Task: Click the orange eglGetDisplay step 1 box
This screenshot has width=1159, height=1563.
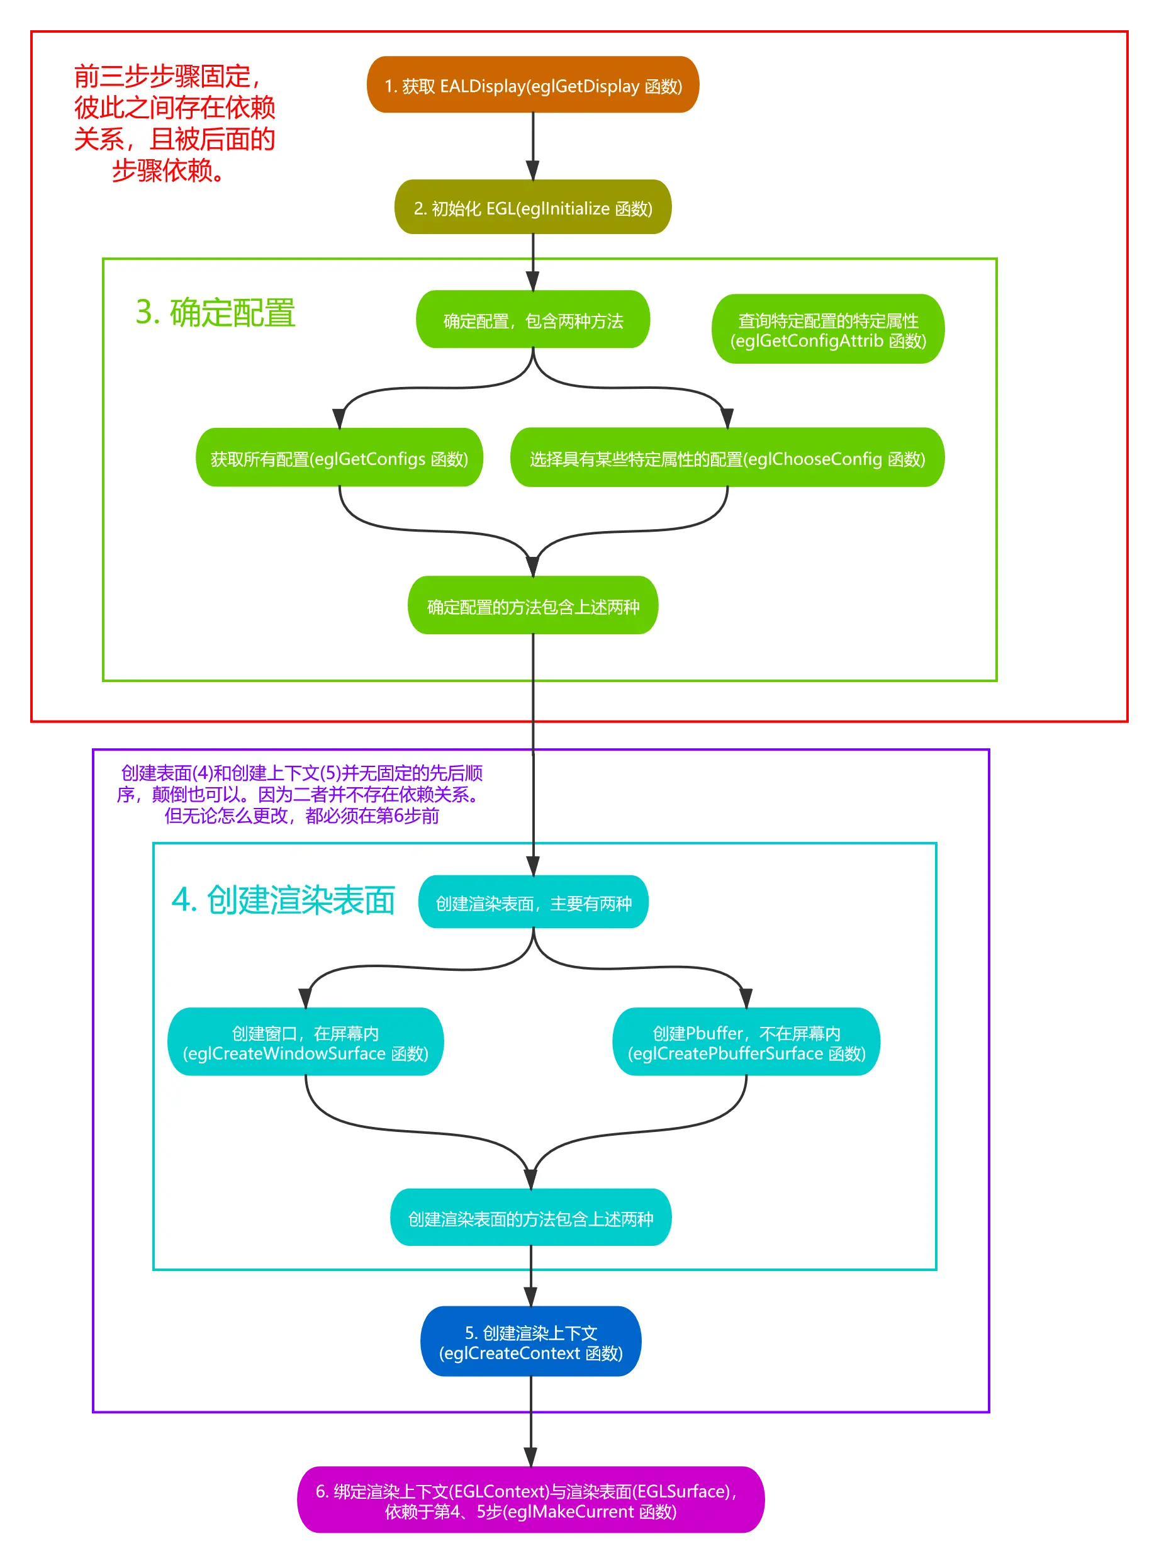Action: [532, 85]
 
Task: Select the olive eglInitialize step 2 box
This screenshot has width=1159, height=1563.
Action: [532, 208]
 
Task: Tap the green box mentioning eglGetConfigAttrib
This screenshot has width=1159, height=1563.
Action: [828, 330]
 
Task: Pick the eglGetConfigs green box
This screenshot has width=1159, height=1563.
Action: [339, 458]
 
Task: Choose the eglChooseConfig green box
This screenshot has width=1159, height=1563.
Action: [727, 458]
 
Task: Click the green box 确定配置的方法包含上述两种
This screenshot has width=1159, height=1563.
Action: [532, 606]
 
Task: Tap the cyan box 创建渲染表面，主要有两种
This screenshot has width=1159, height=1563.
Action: [532, 903]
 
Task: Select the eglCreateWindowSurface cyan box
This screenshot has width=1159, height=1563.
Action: [305, 1043]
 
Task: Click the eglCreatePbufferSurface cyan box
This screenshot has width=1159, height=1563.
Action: [746, 1043]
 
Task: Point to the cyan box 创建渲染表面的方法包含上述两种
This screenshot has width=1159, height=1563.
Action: [530, 1219]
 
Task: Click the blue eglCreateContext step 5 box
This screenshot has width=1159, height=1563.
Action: [530, 1342]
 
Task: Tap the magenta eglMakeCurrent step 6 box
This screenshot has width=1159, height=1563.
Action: [530, 1501]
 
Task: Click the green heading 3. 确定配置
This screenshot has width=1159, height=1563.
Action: [215, 313]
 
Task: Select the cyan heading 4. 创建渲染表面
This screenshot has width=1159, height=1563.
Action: [283, 900]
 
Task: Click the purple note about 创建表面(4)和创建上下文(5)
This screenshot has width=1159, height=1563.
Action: [301, 794]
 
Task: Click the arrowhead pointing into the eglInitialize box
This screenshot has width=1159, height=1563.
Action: [532, 171]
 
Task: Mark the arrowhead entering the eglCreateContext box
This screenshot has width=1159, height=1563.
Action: [530, 1296]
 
